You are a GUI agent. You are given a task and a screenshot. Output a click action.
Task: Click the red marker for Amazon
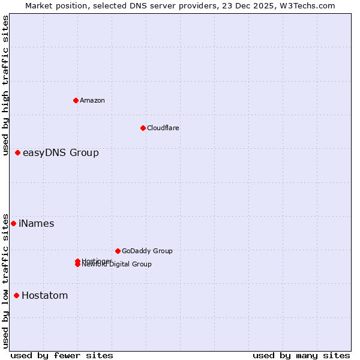coord(76,100)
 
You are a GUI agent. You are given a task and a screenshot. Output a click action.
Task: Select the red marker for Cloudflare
coord(143,128)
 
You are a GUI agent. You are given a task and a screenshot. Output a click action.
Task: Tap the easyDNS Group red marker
coord(17,152)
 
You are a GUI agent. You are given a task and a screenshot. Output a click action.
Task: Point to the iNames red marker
coord(13,223)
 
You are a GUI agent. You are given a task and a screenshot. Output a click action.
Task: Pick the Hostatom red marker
coord(16,295)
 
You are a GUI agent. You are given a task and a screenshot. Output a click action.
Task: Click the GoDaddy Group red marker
coord(118,251)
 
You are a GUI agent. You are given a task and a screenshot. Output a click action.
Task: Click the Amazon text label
coord(92,100)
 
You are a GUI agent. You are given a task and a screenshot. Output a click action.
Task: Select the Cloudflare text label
coord(163,128)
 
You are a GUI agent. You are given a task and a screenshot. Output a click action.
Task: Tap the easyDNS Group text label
coord(61,152)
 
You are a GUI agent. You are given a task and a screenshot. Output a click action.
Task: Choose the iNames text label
coord(36,223)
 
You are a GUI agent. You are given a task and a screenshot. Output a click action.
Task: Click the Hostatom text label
coord(44,295)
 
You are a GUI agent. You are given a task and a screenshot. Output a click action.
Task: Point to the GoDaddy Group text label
coord(147,251)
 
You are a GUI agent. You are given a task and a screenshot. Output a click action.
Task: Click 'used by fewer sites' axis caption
coord(62,355)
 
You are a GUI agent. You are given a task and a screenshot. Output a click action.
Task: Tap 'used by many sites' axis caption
coord(301,355)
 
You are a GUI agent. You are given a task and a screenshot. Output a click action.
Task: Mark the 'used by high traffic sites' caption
coord(5,85)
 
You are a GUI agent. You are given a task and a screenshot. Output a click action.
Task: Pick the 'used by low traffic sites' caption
coord(5,280)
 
